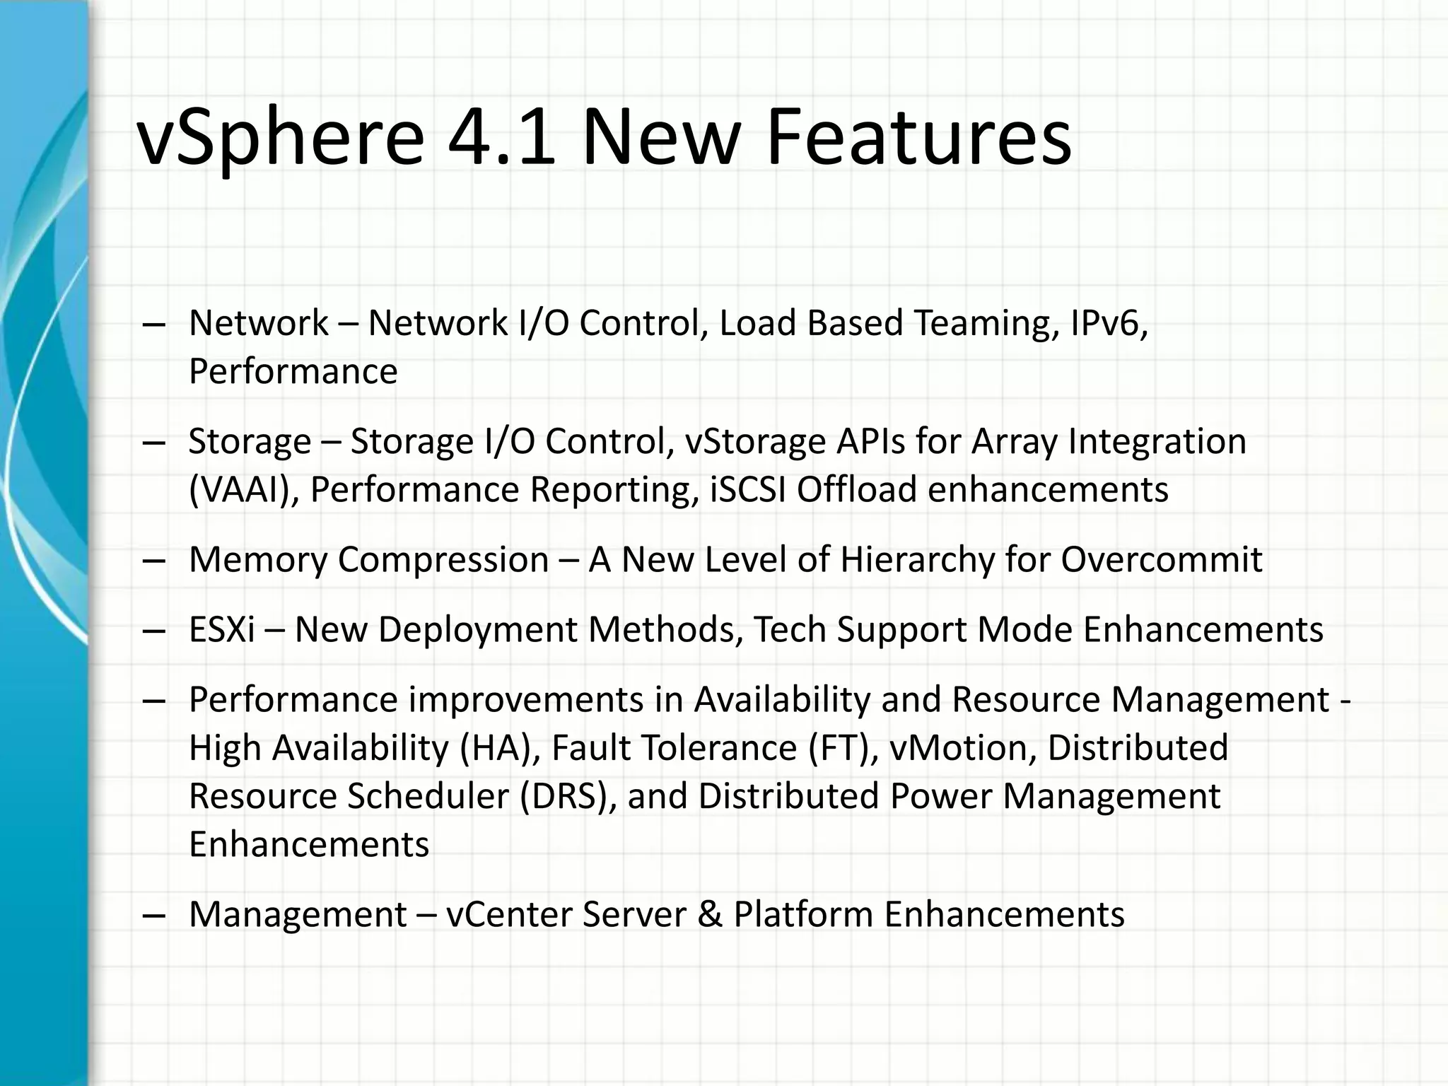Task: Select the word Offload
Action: click(857, 490)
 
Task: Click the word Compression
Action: click(443, 561)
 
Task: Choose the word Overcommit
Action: click(1161, 560)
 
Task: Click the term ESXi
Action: click(222, 629)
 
